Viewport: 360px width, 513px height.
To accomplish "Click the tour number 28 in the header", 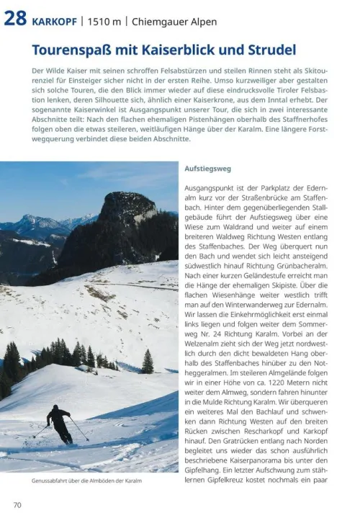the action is pyautogui.click(x=16, y=19).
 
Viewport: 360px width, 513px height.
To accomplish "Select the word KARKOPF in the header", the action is pyautogui.click(x=55, y=22).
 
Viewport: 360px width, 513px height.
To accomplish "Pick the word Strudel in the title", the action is pyautogui.click(x=270, y=50).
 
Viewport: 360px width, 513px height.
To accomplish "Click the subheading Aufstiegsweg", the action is pyautogui.click(x=207, y=168).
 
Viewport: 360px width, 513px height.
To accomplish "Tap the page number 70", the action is pyautogui.click(x=17, y=504).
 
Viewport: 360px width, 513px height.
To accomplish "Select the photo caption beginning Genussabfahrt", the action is pyautogui.click(x=86, y=481).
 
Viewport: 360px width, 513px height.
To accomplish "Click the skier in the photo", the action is pyautogui.click(x=59, y=424).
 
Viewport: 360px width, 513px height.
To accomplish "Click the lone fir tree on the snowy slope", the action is pyautogui.click(x=148, y=361).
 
